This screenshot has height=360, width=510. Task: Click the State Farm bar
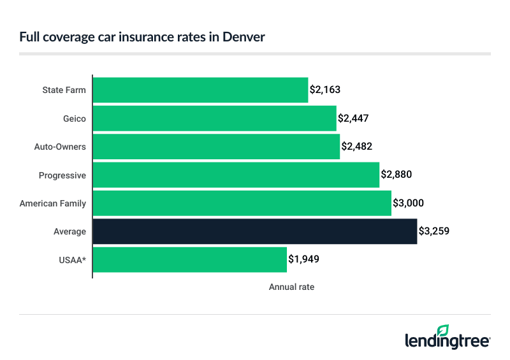coord(200,90)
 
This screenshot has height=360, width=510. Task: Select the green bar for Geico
coord(214,119)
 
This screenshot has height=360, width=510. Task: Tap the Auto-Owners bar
coord(216,147)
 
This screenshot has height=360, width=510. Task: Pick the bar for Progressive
coord(236,175)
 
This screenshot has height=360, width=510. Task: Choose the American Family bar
coord(242,203)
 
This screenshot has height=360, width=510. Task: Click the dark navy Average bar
coord(254,231)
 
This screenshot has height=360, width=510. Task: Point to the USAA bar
coord(189,259)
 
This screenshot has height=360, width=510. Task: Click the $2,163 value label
coord(325,90)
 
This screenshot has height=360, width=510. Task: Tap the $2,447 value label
coord(353,119)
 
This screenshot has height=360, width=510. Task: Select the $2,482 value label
coord(356,147)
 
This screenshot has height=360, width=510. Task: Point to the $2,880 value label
coord(397,175)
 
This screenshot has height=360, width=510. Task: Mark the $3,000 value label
coord(408,203)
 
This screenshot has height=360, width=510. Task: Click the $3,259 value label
coord(434,231)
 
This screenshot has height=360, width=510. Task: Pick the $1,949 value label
coord(303,259)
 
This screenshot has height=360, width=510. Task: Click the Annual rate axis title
coord(291,287)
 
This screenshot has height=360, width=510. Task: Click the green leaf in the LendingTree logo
coord(442,331)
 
